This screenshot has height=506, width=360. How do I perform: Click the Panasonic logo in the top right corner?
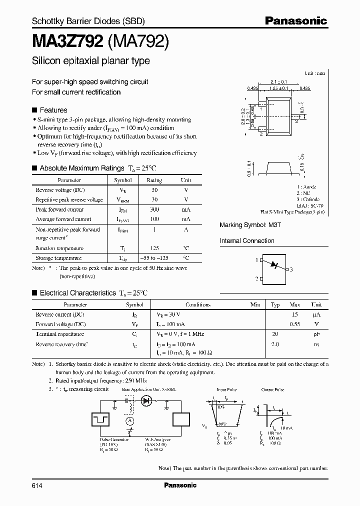coord(295,21)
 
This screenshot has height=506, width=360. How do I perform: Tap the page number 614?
coord(37,485)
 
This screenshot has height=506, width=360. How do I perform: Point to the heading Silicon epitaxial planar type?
coord(90,61)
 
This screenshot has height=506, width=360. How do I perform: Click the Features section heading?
coord(52,110)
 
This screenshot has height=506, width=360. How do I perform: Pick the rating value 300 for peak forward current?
coord(154,209)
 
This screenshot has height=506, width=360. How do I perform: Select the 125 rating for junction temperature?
coord(154,248)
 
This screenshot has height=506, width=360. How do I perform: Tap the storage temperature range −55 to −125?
coord(154,258)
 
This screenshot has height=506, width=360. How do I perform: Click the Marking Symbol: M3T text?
coord(250,225)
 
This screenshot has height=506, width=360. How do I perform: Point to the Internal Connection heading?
coord(247,241)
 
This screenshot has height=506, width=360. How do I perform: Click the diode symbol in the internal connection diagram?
coord(273,265)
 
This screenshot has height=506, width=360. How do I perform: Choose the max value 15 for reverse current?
coord(294,315)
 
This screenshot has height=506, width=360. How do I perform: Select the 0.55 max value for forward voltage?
coord(294,324)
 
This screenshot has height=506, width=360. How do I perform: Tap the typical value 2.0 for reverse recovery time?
coord(275,344)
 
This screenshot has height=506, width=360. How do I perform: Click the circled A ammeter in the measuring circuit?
coord(129,421)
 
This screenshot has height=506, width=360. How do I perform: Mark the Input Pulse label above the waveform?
coord(227,389)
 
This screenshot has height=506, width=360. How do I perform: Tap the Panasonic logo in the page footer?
coord(180,485)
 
